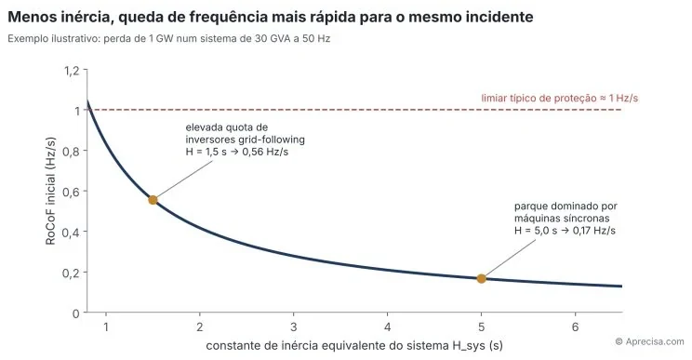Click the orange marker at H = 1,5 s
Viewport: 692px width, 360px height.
(153, 200)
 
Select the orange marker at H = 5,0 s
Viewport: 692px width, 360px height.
(482, 279)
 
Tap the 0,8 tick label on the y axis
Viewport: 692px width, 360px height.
(71, 152)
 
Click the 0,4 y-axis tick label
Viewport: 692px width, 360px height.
(71, 233)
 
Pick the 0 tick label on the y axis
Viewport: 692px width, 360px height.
(76, 313)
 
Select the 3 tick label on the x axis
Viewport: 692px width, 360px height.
(294, 327)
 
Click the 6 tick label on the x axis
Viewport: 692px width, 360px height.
(575, 327)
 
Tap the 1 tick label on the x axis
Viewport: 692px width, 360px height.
(106, 327)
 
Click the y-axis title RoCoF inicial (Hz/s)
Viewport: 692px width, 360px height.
(50, 191)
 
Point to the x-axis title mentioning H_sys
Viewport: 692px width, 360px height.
(354, 345)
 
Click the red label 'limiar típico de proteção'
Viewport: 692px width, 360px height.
(539, 98)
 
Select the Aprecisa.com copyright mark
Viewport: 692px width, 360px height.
(649, 341)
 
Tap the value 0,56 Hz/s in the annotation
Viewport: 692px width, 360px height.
(265, 152)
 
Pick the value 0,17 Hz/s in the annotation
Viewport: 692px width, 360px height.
(594, 231)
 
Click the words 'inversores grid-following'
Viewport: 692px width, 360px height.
(245, 140)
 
